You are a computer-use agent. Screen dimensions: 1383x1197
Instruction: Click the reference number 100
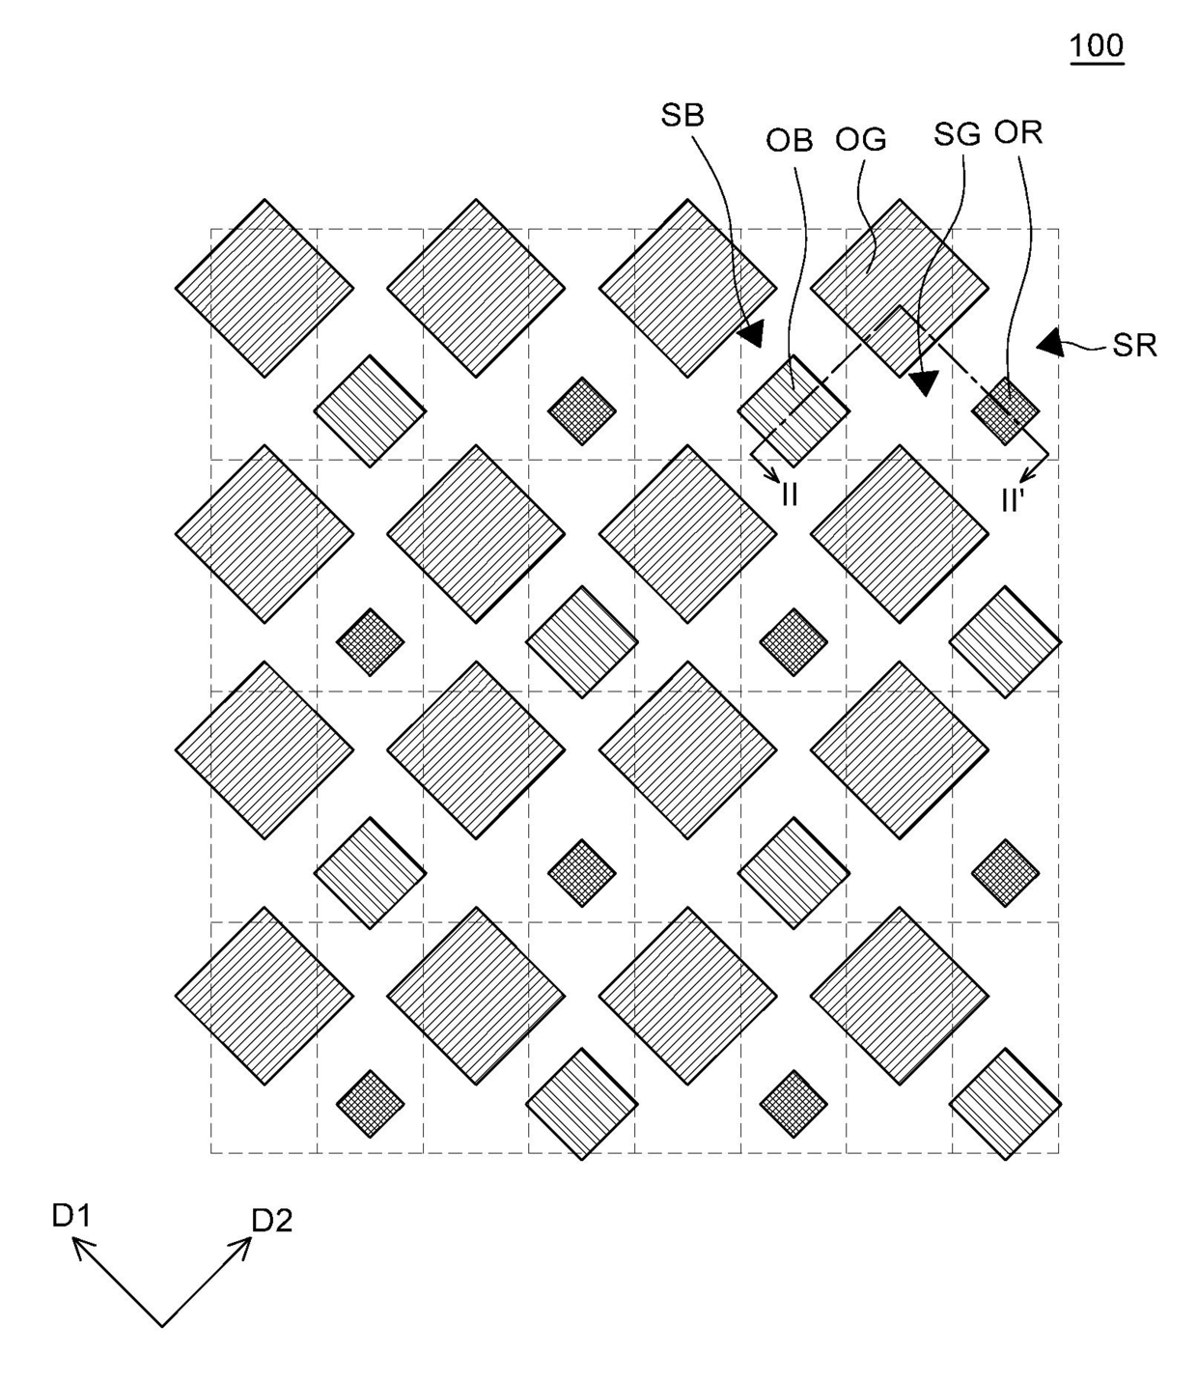coord(1097,45)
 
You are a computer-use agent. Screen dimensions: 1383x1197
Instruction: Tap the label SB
coord(682,115)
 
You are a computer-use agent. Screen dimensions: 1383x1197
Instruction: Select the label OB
coord(790,140)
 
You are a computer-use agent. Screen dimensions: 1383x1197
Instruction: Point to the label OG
coord(861,140)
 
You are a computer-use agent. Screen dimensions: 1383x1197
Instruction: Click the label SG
coord(957,134)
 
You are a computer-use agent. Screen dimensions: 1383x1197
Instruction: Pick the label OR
coord(1018,132)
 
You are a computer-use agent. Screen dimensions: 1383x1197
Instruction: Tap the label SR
coord(1134,346)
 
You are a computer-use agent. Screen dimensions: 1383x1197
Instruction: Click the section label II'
coord(1012,500)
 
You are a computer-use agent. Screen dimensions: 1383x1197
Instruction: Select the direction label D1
coord(70,1216)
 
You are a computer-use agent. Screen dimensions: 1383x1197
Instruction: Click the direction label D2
coord(271,1222)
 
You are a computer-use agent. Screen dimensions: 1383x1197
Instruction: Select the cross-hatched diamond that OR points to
coord(1005,410)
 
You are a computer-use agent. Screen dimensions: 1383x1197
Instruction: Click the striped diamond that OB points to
coord(793,411)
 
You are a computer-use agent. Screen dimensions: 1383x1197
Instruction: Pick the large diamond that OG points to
coord(899,288)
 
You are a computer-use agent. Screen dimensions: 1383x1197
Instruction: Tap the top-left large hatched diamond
coord(264,288)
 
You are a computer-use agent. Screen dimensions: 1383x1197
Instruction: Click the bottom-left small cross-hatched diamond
coord(370,1103)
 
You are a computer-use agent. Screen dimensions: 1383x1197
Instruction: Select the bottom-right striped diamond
coord(1005,1103)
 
